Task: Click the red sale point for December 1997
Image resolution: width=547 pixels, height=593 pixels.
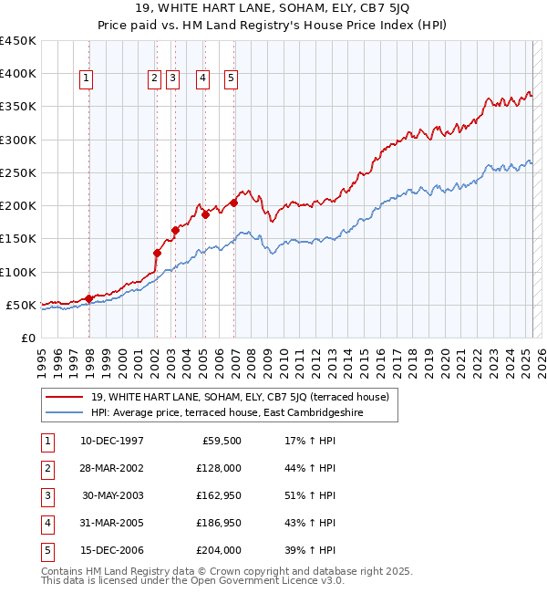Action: (x=88, y=298)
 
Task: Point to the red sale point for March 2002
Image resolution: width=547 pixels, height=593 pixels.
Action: (x=157, y=253)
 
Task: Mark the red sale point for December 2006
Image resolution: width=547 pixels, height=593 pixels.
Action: (x=234, y=203)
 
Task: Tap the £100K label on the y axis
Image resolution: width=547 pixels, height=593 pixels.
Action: (x=18, y=272)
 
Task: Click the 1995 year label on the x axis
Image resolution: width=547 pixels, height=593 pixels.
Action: (x=42, y=356)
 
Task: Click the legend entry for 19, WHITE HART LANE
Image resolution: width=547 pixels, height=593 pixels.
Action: (x=240, y=397)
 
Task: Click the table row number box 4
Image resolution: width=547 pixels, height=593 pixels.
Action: (x=46, y=523)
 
